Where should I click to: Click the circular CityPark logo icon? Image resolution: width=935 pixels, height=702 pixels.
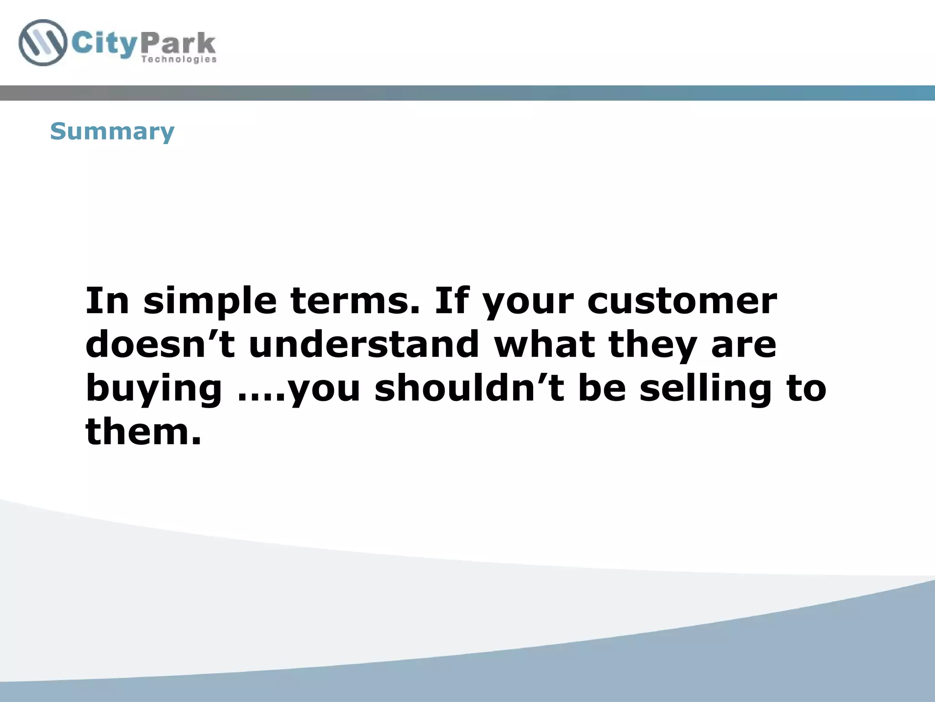(x=42, y=43)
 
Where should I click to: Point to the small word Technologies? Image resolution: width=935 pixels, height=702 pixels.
(x=179, y=59)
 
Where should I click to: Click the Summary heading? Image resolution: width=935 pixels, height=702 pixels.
(x=112, y=132)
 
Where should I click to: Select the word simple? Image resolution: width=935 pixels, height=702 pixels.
(x=210, y=302)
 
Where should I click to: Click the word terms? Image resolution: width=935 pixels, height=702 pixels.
(x=355, y=302)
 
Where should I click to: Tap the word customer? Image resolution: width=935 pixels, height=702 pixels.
(x=682, y=302)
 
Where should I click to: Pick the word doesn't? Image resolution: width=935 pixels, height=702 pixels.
(x=160, y=345)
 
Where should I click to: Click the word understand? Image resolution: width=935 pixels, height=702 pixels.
(x=364, y=345)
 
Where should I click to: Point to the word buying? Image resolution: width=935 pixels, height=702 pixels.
(x=154, y=389)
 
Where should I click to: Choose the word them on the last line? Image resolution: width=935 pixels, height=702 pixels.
(x=143, y=431)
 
